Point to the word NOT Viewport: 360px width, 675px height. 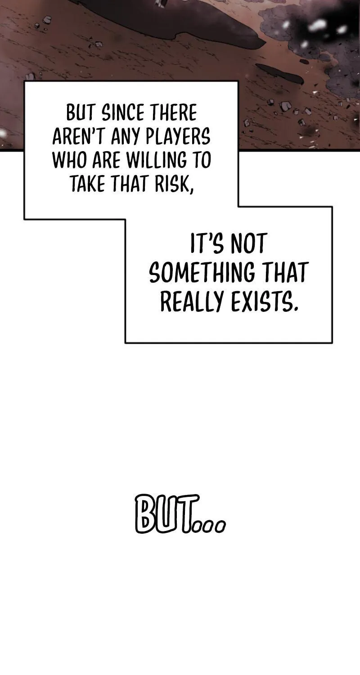point(249,243)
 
